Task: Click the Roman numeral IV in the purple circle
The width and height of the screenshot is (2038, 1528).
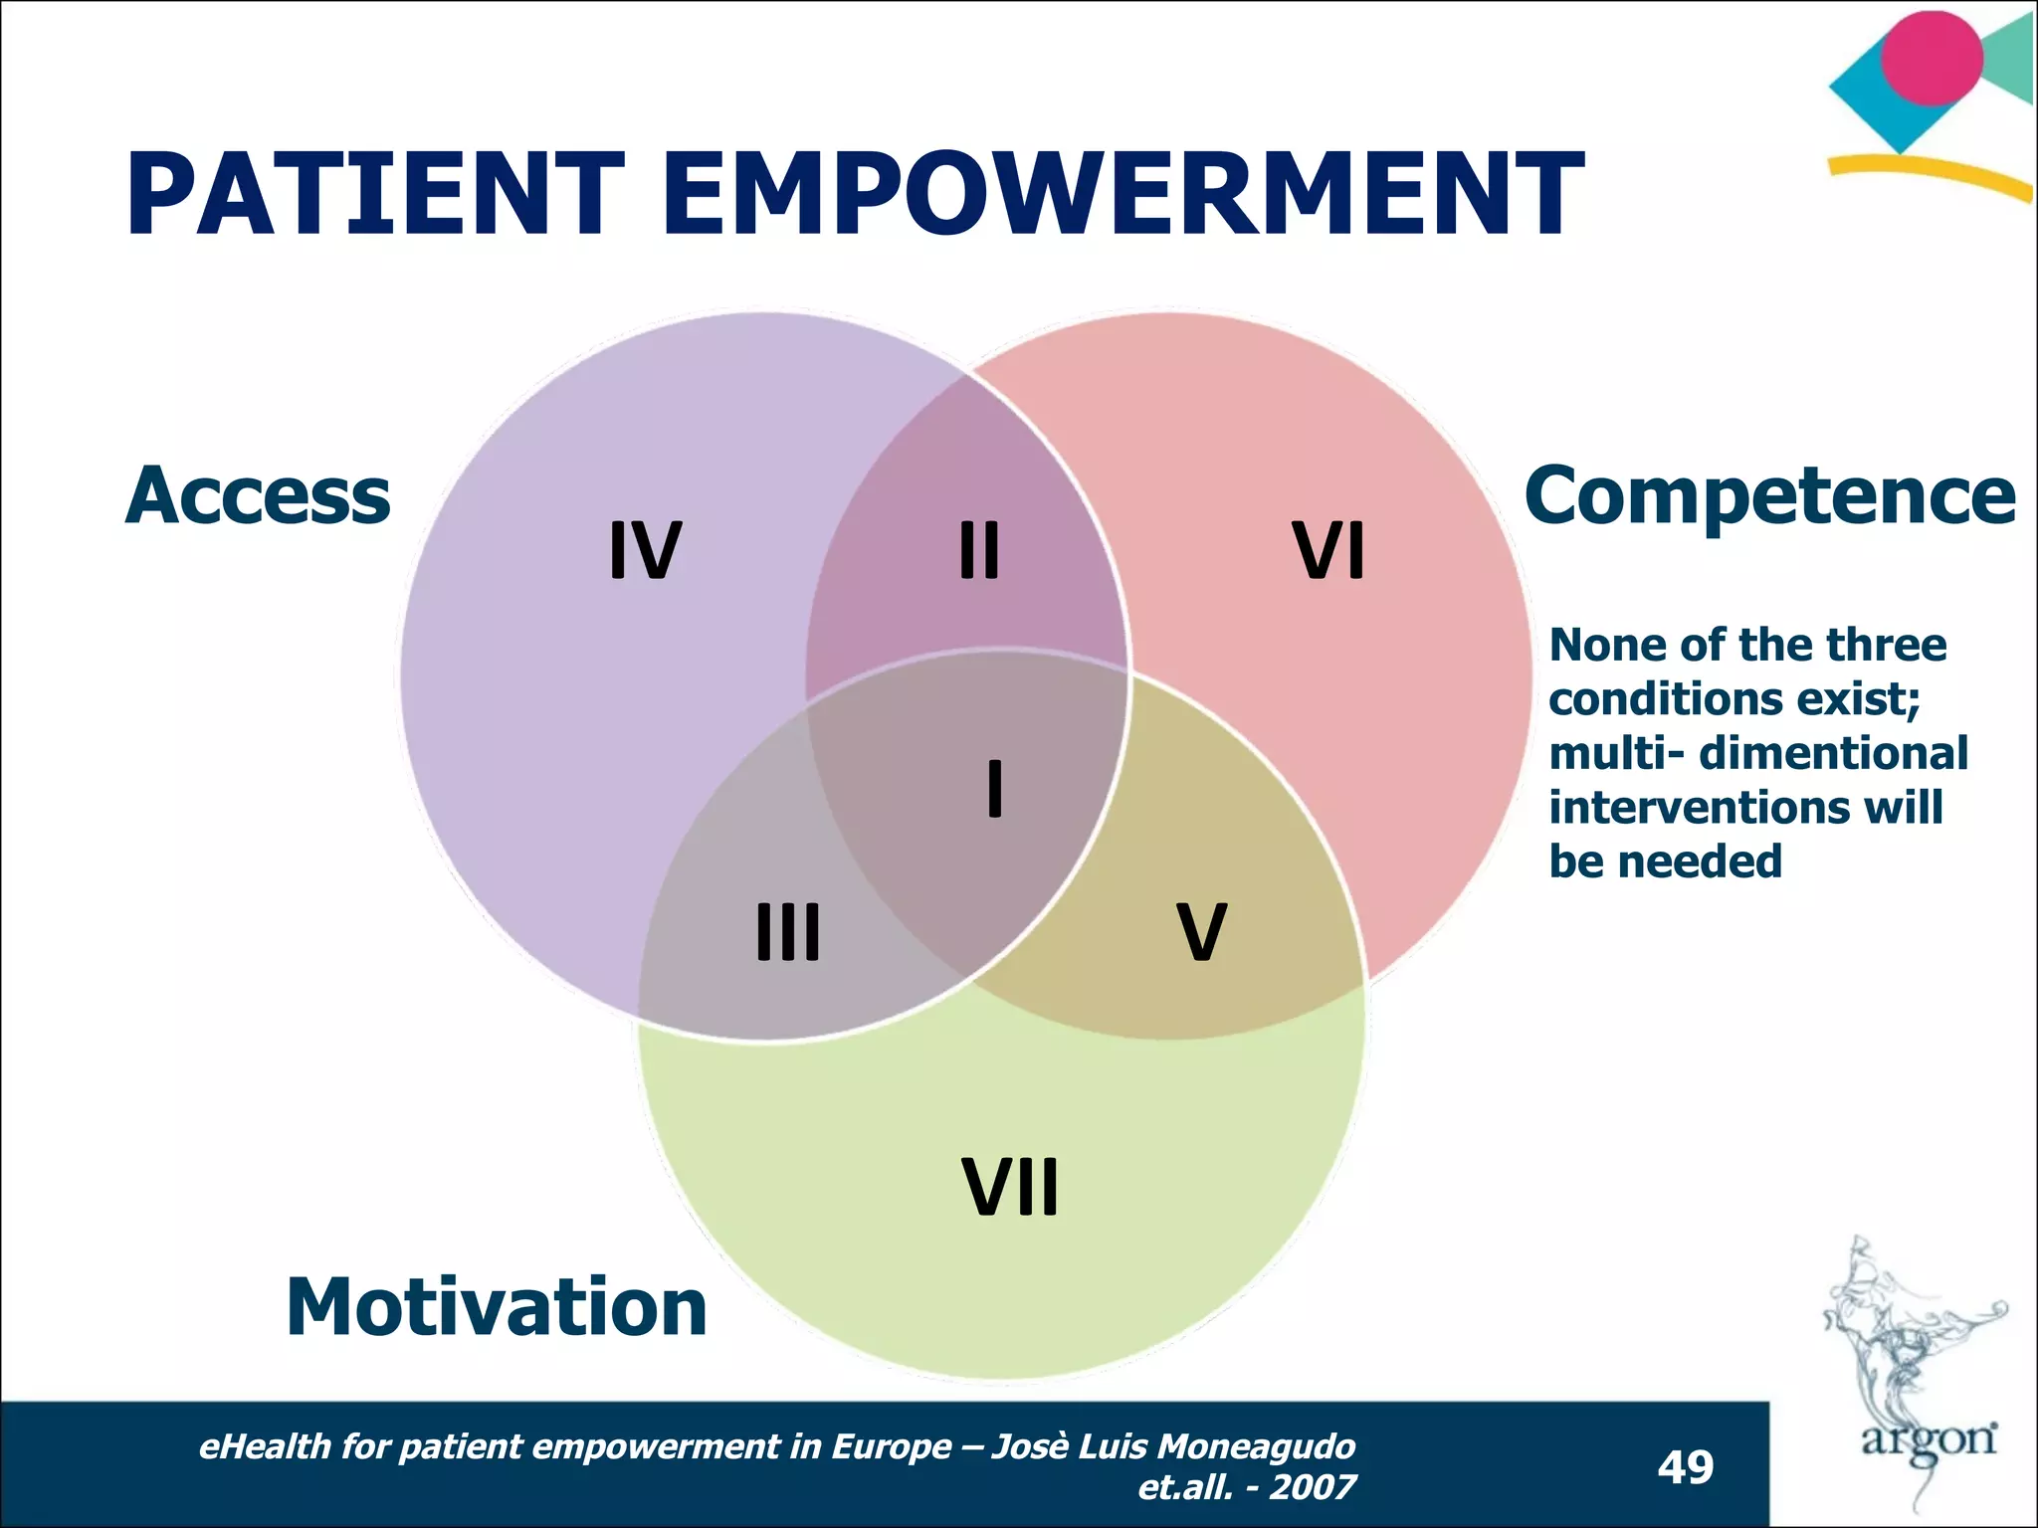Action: pos(645,550)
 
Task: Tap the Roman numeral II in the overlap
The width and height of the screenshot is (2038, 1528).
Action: pos(979,550)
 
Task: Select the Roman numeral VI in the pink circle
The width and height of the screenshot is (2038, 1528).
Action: pos(1328,550)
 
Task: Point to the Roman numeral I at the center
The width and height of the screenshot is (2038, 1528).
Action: pos(994,788)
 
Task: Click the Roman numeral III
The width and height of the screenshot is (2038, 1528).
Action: pos(788,932)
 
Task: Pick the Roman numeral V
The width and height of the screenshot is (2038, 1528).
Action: pos(1201,932)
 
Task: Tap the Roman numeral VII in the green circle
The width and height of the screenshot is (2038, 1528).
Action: pos(1010,1187)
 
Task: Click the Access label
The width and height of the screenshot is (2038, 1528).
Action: pos(258,495)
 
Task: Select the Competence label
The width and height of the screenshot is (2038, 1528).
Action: pos(1769,495)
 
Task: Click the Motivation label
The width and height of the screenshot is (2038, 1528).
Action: pos(496,1307)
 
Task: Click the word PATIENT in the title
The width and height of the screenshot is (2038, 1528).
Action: pos(375,194)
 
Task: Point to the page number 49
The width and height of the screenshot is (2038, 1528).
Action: pos(1685,1467)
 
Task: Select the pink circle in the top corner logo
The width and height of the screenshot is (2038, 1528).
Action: pos(1931,58)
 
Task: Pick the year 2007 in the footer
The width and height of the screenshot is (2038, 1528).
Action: pos(1313,1487)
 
